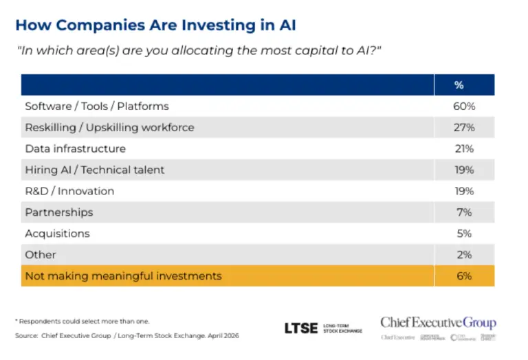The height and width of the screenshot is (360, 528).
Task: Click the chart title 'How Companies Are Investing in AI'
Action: click(x=155, y=25)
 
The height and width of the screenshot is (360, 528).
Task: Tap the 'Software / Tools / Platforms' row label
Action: click(x=96, y=106)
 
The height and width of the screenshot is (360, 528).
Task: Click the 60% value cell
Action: click(x=464, y=106)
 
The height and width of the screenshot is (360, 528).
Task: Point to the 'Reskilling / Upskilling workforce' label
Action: click(x=109, y=128)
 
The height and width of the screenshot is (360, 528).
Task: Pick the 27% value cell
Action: click(x=464, y=128)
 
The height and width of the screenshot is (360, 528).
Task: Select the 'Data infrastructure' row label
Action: click(x=75, y=149)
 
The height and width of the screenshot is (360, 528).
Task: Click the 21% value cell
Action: click(x=464, y=149)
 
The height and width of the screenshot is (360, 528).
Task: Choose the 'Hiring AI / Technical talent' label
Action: click(x=94, y=170)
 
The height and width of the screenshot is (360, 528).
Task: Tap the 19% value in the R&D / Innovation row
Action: click(x=464, y=191)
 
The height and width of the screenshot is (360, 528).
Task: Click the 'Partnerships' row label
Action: click(x=58, y=212)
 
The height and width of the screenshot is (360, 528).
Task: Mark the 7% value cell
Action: click(x=464, y=212)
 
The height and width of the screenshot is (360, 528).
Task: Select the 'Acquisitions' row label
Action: click(x=57, y=234)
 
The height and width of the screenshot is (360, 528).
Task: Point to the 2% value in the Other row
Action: click(x=464, y=255)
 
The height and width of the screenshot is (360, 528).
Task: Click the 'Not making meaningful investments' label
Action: click(x=123, y=276)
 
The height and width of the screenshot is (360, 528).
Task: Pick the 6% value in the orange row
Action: click(x=464, y=276)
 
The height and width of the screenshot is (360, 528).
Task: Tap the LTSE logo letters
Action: click(x=300, y=328)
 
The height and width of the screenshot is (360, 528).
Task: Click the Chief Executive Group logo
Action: click(x=438, y=324)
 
